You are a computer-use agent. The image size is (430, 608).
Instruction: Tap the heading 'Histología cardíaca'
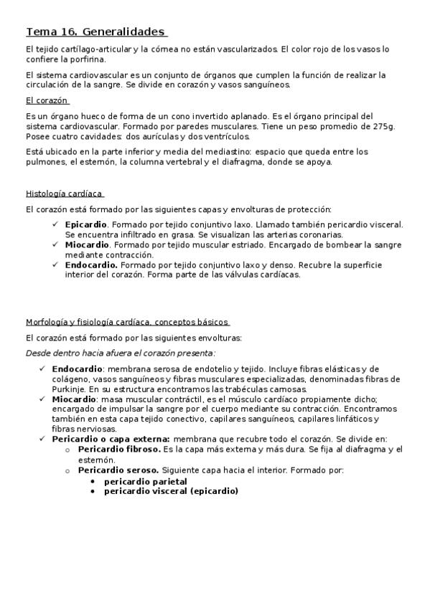[65, 194]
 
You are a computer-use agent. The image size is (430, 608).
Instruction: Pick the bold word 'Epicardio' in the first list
[85, 224]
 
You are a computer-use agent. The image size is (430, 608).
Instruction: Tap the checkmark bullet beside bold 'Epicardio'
[56, 224]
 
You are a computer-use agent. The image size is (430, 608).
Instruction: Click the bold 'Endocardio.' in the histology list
[90, 264]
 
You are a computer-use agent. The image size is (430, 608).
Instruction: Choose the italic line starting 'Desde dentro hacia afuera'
[121, 353]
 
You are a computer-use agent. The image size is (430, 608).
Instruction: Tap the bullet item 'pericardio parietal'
[145, 481]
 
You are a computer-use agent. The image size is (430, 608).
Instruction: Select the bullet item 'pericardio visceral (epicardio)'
[171, 491]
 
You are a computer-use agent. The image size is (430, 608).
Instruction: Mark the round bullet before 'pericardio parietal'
[93, 481]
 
